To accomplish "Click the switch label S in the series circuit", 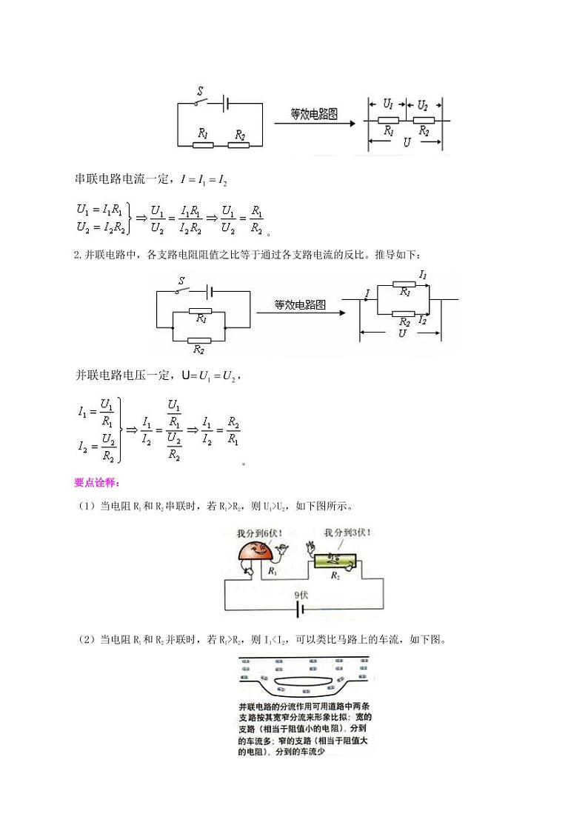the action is tap(199, 92).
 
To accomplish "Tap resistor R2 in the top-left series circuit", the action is tap(238, 144).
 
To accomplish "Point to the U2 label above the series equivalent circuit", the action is tap(422, 105).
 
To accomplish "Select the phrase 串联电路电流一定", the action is tap(118, 178).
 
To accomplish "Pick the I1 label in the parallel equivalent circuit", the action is tap(423, 275).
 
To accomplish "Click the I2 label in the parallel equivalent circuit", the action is tap(422, 319).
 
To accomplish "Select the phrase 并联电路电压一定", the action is tap(118, 376).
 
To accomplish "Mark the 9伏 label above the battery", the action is tap(301, 594).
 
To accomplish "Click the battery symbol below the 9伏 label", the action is tap(301, 610).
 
